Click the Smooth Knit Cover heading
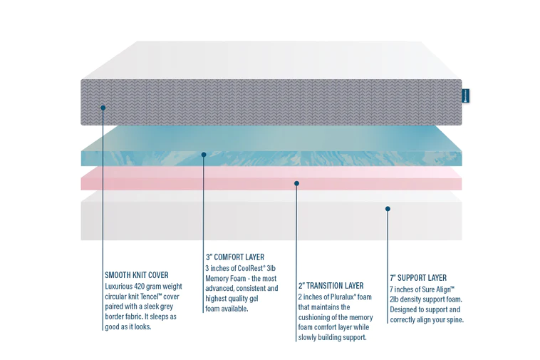136,275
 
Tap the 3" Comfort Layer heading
234,257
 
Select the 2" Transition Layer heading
331,286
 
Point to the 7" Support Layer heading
418,278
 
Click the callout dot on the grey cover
103,108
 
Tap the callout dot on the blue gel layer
204,154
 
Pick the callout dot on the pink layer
296,183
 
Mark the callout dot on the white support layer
388,209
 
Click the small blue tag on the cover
465,96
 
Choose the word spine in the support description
452,319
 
